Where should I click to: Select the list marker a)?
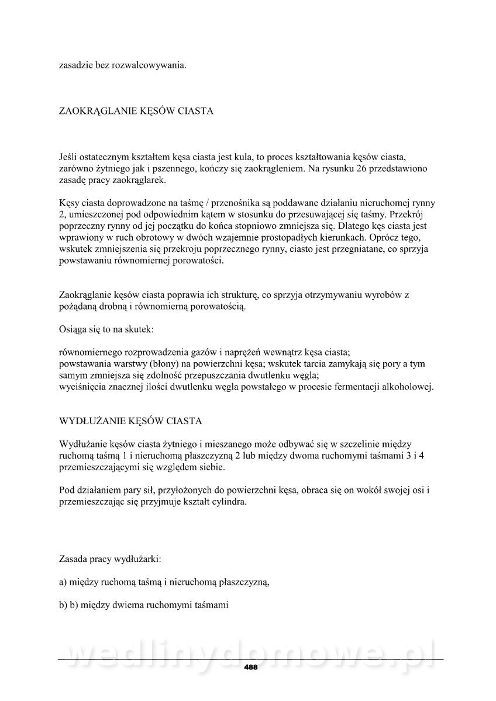(x=64, y=582)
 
